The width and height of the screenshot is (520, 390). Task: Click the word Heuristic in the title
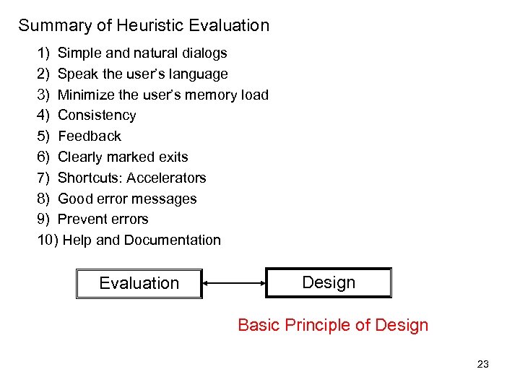[150, 26]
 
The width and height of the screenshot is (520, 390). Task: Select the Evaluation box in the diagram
[139, 283]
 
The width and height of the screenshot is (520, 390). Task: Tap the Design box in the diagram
[329, 282]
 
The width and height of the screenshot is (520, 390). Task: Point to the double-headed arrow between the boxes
[234, 283]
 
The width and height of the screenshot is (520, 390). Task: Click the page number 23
[483, 364]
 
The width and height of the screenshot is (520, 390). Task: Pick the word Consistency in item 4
[97, 116]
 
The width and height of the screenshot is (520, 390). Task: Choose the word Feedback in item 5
[90, 136]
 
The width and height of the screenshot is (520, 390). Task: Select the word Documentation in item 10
[173, 240]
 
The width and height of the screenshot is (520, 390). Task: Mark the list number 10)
[48, 240]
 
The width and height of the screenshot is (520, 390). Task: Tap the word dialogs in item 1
[204, 53]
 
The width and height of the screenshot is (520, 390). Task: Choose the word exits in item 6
[173, 157]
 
